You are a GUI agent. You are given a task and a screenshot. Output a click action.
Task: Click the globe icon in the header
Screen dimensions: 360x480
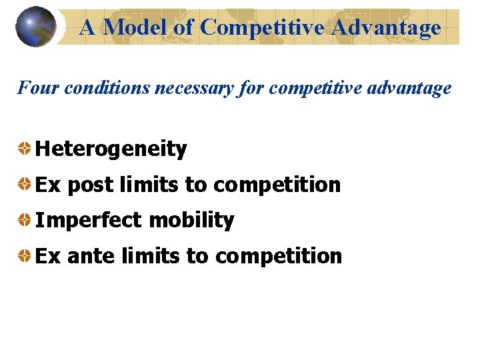[36, 27]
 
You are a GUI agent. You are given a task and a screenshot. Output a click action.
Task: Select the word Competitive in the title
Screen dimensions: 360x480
[263, 27]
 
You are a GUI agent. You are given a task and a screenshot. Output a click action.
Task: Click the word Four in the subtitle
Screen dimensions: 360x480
[33, 88]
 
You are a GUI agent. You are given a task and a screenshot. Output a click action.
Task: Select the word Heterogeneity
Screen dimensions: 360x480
[111, 149]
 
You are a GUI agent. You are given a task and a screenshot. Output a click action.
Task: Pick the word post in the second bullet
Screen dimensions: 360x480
[90, 185]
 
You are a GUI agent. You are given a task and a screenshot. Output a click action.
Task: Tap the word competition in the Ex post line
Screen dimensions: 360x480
[277, 185]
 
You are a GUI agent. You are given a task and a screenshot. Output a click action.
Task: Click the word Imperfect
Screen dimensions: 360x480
[88, 221]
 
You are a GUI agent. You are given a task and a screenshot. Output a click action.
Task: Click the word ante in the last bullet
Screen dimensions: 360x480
[91, 256]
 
